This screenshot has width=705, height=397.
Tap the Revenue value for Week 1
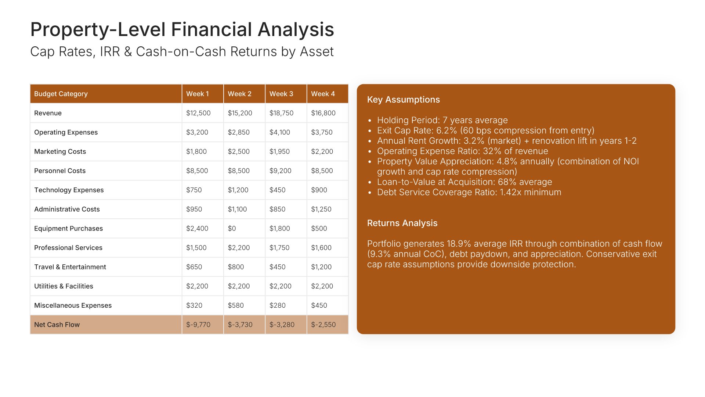[x=198, y=113]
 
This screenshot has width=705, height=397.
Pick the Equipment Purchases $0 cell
[x=232, y=228]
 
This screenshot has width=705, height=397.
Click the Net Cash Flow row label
[x=57, y=325]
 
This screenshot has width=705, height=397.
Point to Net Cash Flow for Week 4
[x=323, y=325]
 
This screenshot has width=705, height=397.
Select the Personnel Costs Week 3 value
[x=281, y=171]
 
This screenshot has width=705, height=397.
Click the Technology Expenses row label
[x=69, y=190]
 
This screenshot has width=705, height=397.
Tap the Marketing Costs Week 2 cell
[x=239, y=151]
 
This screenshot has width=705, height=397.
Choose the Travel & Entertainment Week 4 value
[x=321, y=267]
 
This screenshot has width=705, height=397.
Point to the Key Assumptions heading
[x=404, y=100]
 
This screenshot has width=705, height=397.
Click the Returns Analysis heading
[x=402, y=223]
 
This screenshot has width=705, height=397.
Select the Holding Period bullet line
[x=442, y=120]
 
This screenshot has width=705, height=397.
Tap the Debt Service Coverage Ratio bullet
[x=469, y=192]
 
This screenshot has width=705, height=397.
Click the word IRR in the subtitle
[x=110, y=52]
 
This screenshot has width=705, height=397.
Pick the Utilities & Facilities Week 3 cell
[x=281, y=286]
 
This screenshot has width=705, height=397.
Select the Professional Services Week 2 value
[x=239, y=248]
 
